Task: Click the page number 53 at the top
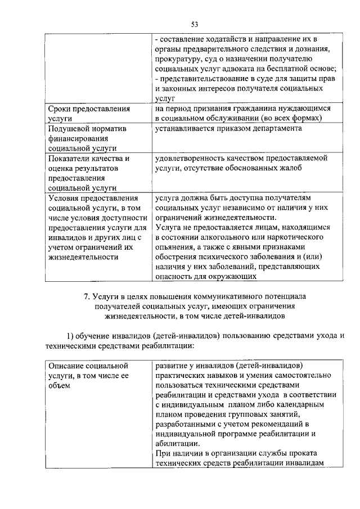point(195,24)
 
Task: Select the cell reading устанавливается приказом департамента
point(227,129)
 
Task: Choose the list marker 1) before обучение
point(71,335)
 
